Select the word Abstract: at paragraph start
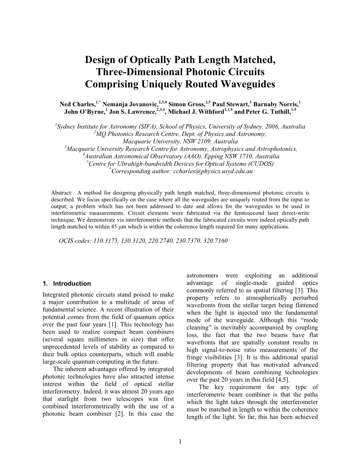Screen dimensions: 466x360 pyautogui.click(x=62, y=193)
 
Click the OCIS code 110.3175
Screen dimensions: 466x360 pyautogui.click(x=106, y=241)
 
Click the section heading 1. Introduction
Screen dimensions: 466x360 pyautogui.click(x=66, y=283)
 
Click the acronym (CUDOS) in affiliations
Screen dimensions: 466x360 pyautogui.click(x=261, y=164)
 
